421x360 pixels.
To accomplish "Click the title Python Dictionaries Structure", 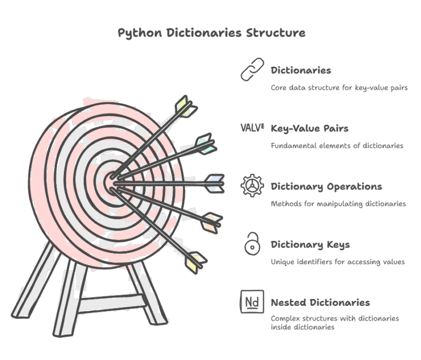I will point(212,33).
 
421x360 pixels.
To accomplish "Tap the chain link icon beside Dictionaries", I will point(252,70).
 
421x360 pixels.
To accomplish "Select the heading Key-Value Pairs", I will point(310,129).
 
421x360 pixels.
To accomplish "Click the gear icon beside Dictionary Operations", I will point(252,186).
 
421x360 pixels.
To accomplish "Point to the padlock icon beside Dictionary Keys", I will point(252,243).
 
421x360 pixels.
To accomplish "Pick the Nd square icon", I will point(252,302).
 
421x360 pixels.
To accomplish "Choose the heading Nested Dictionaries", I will point(320,302).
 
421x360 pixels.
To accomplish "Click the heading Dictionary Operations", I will point(326,187).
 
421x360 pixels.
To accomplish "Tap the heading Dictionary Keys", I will point(310,244).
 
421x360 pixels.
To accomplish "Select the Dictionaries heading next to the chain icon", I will point(301,71).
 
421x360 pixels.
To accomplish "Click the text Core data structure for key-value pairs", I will point(339,88).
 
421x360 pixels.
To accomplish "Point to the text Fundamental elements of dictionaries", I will point(337,146).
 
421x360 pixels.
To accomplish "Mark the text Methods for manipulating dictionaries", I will point(338,204).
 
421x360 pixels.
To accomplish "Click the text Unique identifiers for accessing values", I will point(338,262).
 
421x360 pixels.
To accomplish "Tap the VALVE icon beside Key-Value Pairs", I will point(252,128).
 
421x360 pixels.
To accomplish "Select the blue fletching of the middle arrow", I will point(215,183).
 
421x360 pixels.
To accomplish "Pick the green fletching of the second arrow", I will point(205,144).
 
